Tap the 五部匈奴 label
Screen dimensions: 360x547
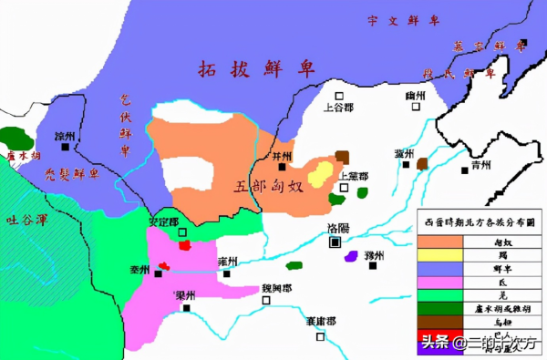point(270,187)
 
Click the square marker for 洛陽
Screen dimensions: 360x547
point(335,242)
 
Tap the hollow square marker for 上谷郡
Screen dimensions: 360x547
point(338,96)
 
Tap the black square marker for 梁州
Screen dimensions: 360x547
point(186,308)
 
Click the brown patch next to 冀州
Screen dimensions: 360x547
point(423,164)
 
